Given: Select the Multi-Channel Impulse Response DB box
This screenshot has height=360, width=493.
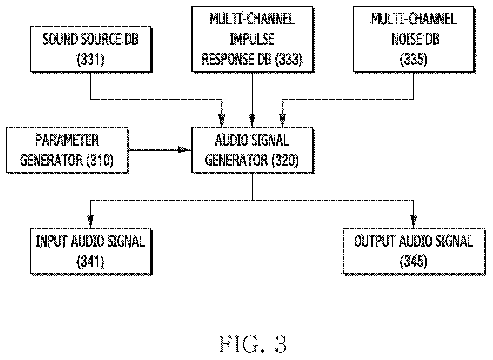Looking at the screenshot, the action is click(253, 39).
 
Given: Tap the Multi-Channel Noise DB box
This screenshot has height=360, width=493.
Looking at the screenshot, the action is click(415, 39).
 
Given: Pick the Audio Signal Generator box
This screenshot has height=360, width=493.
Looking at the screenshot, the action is click(253, 151).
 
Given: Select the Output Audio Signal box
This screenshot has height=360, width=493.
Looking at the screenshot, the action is click(415, 252).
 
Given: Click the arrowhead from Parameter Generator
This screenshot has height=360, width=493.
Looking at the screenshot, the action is click(185, 150).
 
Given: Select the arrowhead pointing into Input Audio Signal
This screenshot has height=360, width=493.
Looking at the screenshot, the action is click(91, 222).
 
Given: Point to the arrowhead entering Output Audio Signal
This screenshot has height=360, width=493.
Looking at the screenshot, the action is click(414, 222).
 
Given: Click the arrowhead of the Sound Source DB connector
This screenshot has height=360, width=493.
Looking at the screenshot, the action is click(222, 121).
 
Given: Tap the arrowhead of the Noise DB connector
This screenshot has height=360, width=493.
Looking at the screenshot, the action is click(283, 121).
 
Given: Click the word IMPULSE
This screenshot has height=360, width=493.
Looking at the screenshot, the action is click(252, 39).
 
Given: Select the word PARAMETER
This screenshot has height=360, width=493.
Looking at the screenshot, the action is click(67, 140).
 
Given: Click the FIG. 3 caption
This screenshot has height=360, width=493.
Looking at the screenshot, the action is click(253, 344).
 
